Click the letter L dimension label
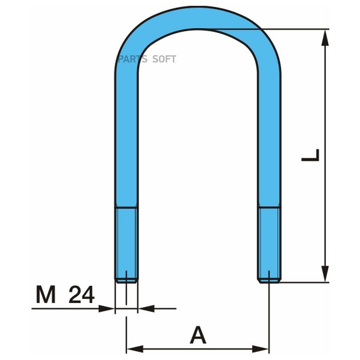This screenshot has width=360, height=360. pos(310,155)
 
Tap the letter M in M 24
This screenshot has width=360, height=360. pos(46,294)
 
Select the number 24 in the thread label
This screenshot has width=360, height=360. pos(82,294)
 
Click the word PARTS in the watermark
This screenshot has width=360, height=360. pos(132,59)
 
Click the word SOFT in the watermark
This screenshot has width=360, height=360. pos(164,59)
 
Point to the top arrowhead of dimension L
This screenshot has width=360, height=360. pos(325,38)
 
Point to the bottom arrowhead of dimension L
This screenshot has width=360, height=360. pos(325,274)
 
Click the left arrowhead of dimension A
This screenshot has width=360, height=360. pos(135,349)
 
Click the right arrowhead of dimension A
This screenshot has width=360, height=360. pos(260,349)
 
